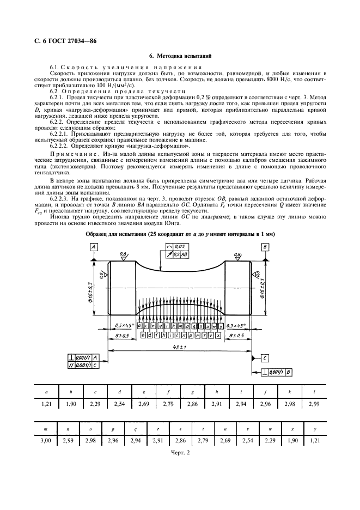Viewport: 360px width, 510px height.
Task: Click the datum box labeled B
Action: [x=264, y=247]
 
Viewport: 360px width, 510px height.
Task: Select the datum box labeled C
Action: [x=264, y=358]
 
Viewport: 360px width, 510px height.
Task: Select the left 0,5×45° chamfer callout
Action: [x=124, y=325]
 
